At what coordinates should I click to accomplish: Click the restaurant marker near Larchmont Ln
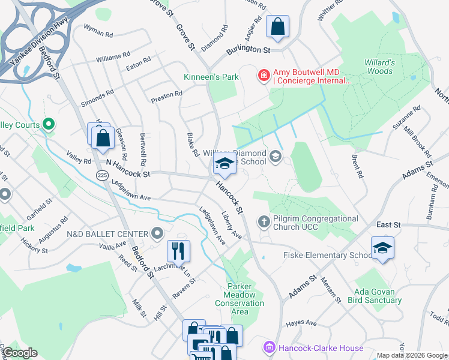click(178, 250)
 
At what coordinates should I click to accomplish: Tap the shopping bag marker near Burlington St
click(277, 26)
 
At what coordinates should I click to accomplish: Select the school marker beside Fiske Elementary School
click(382, 248)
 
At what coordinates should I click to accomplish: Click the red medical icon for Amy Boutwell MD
click(263, 75)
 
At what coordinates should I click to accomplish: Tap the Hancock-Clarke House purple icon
click(268, 348)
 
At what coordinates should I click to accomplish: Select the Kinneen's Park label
click(211, 77)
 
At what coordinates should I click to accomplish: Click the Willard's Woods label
click(379, 67)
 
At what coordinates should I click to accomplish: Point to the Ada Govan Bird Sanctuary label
click(378, 295)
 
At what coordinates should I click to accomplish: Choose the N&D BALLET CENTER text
click(107, 233)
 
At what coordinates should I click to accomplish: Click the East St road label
click(388, 224)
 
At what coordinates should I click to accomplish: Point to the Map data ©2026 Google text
click(412, 355)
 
